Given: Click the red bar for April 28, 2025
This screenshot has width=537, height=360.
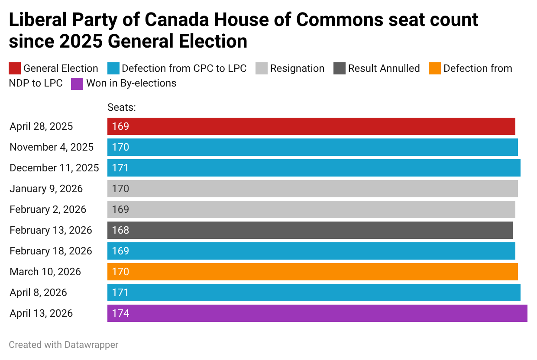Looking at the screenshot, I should coord(311,126).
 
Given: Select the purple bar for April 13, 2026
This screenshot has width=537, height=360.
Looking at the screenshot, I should coord(317,313).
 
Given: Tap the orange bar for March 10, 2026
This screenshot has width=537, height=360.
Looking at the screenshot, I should coord(312,272).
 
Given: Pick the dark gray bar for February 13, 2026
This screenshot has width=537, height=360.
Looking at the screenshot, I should coord(310,230).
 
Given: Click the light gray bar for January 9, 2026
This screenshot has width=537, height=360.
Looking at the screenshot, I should coord(312,189).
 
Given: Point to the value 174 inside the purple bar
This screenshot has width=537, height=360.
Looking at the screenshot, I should coord(120,313).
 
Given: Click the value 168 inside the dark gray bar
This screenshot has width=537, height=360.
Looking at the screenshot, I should coord(120,230).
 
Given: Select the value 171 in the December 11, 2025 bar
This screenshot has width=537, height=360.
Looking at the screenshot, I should coord(120,168).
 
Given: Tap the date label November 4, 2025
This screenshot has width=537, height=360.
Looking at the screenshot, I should coord(52,147).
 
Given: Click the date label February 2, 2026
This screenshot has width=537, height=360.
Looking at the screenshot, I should coord(48,209).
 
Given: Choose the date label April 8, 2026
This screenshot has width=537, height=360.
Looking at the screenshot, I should coord(39,292).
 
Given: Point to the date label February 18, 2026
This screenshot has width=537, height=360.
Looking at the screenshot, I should coord(51,251).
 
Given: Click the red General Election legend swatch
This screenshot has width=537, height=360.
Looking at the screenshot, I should coord(15,68).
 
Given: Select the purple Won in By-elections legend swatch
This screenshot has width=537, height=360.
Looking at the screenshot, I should coord(77,83).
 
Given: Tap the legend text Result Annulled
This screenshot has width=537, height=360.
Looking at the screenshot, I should coord(384,68).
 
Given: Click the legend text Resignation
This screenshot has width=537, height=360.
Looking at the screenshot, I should coord(297,68).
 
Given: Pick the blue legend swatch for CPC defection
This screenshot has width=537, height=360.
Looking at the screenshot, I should coord(113,68).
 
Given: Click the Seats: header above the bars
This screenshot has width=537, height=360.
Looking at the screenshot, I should coord(122,107).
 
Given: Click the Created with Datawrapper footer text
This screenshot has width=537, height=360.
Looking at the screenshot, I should coord(64,345).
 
